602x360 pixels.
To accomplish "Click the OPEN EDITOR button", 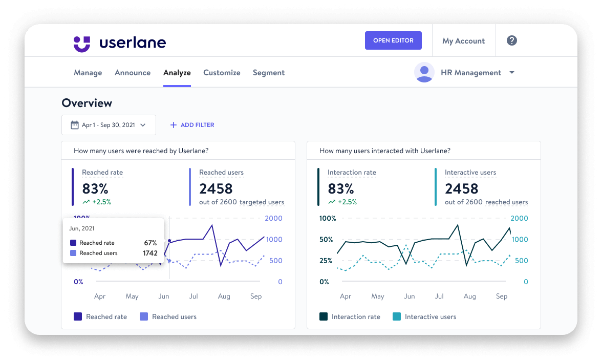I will click(x=393, y=40).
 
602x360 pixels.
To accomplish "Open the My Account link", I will click(x=463, y=41).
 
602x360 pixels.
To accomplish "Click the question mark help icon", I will click(x=511, y=40).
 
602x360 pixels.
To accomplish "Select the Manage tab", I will click(x=88, y=73).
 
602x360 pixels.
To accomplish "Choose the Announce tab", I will click(x=133, y=73).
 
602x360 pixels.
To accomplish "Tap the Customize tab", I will click(x=222, y=73).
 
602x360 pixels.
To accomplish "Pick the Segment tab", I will click(x=269, y=73).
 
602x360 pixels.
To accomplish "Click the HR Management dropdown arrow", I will click(x=511, y=73).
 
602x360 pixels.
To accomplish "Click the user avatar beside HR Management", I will click(x=424, y=73).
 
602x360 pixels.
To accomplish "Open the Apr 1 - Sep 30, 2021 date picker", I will click(x=109, y=125).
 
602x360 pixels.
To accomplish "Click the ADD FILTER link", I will click(x=192, y=125).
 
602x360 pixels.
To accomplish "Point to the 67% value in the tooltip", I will click(x=150, y=243).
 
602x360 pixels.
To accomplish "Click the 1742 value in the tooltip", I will click(x=150, y=253).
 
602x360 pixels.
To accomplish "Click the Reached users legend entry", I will click(x=168, y=317).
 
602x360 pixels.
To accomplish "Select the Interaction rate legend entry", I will click(x=350, y=317).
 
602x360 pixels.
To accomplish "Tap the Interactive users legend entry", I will click(x=424, y=317).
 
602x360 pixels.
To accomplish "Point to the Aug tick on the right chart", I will click(x=469, y=297).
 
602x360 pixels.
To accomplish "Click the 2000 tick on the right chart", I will click(x=519, y=218).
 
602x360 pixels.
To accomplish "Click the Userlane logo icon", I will click(x=82, y=43).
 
